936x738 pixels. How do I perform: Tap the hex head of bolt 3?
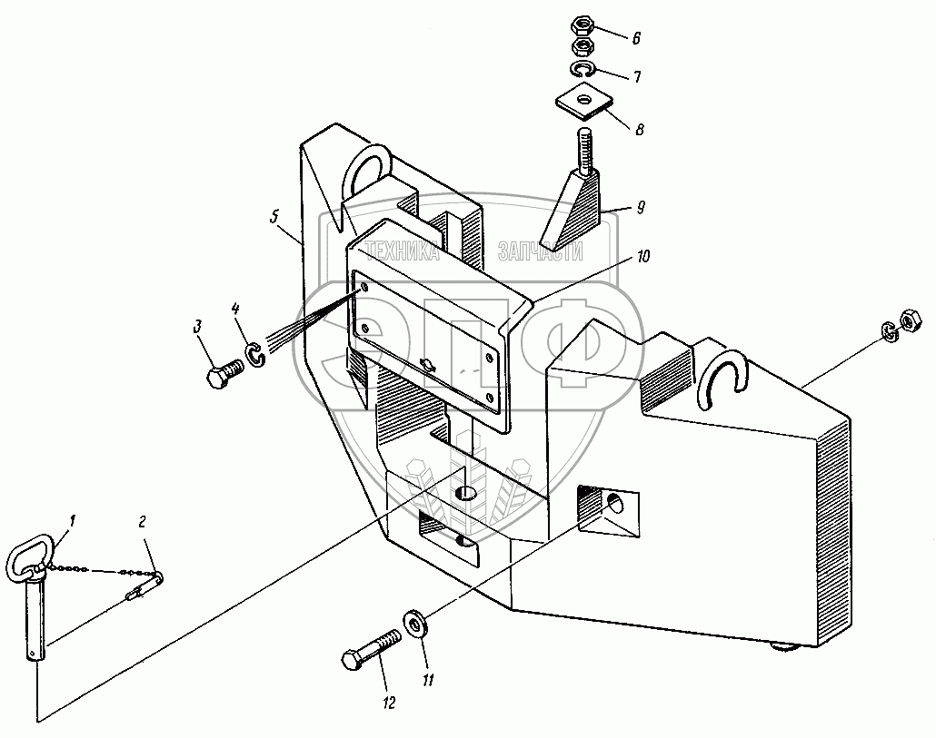coord(217,379)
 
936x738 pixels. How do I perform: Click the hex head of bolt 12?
coord(351,659)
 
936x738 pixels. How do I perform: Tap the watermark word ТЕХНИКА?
coord(401,254)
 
